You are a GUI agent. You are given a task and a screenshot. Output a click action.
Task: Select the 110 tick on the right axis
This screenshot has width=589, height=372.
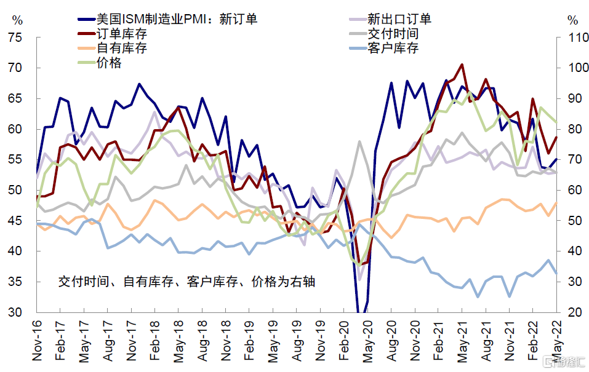point(573,38)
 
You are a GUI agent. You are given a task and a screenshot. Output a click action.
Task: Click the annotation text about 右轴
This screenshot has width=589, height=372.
point(187,282)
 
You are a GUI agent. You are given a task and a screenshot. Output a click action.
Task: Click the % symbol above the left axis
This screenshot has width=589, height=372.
point(17,20)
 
